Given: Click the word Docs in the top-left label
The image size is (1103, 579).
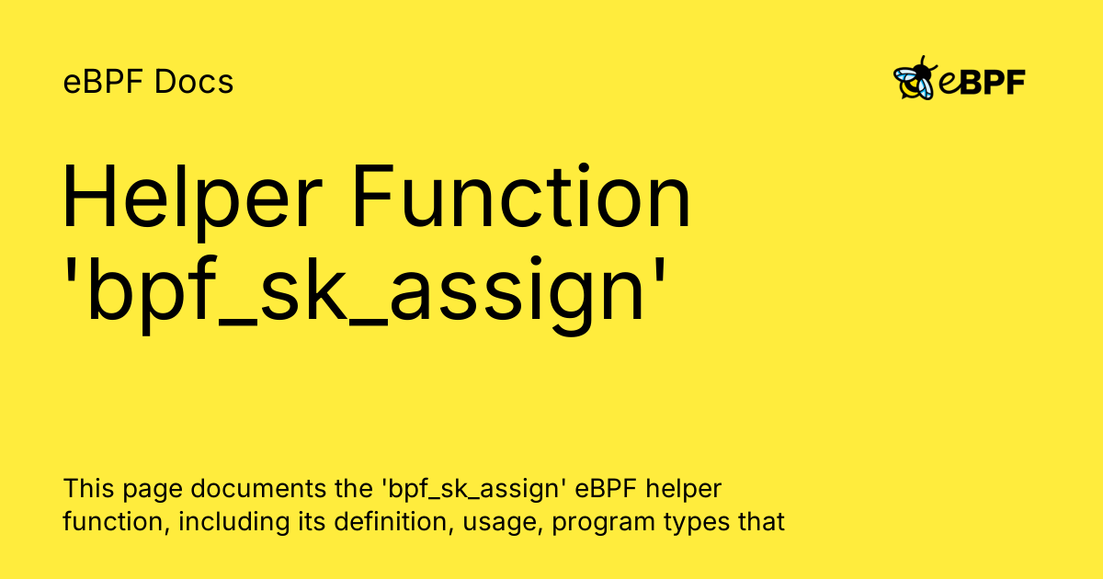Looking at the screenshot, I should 194,82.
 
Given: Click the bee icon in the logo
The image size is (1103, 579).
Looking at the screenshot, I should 915,79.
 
